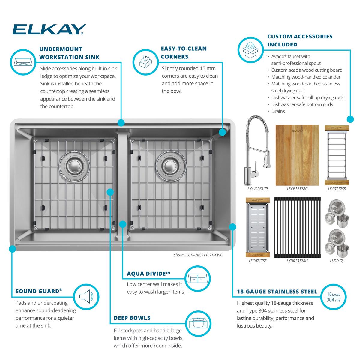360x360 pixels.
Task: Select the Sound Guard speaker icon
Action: pos(86,297)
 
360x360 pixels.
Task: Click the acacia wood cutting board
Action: pos(297,155)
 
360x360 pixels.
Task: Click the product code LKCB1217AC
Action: pos(297,189)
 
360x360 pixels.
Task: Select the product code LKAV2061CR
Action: pos(258,189)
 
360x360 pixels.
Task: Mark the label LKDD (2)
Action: pos(337,261)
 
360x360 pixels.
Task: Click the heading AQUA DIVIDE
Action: pos(148,274)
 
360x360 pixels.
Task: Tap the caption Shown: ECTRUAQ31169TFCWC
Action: pos(198,255)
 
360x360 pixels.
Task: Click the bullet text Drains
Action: pos(278,111)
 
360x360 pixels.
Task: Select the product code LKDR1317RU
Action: pos(297,261)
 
